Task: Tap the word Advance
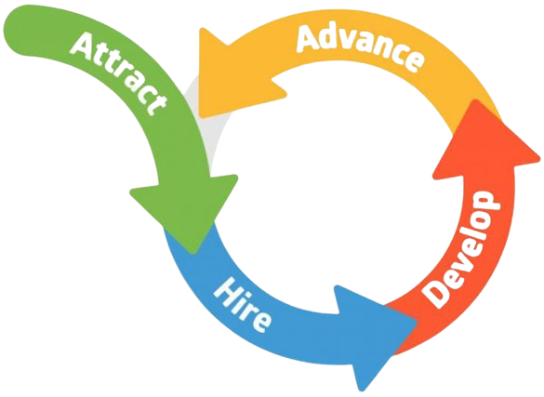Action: [x=360, y=46]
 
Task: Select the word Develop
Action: [x=461, y=248]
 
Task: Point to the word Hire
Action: [x=242, y=304]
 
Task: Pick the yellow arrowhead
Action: [x=236, y=76]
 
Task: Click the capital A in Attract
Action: [x=85, y=44]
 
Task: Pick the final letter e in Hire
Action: [x=260, y=323]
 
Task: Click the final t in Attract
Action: [x=157, y=104]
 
